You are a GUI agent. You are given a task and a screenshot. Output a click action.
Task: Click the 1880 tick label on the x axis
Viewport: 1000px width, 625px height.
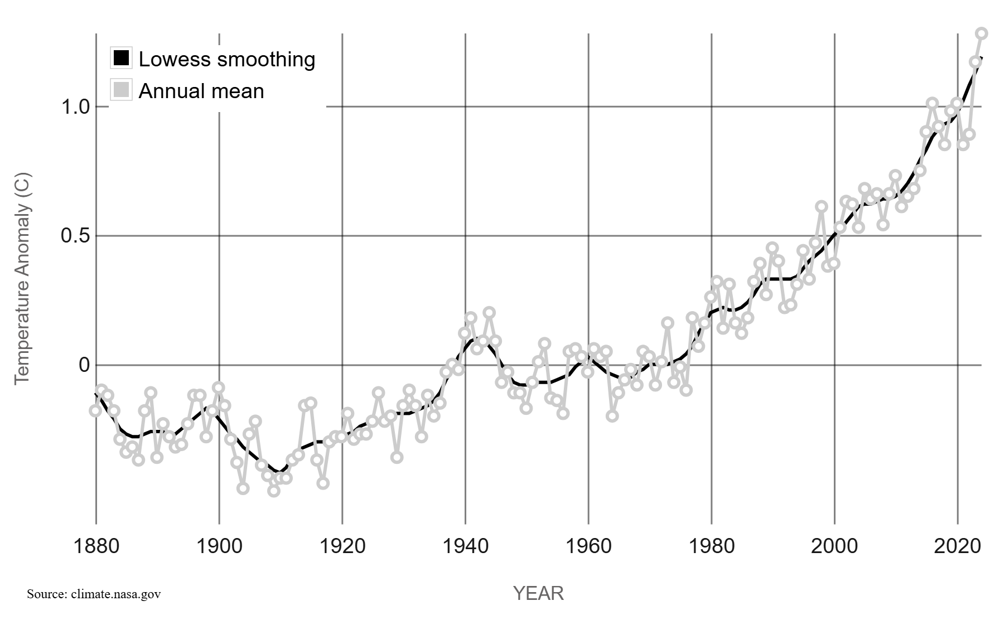[x=96, y=546]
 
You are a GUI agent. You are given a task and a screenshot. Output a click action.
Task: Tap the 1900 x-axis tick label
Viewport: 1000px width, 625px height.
[x=219, y=546]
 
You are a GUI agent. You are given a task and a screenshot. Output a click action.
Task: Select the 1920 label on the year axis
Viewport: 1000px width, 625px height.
[x=342, y=546]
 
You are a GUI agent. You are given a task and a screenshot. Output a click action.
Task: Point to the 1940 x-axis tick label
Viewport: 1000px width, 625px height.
[x=465, y=546]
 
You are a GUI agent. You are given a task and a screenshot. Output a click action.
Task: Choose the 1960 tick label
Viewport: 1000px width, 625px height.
[x=588, y=546]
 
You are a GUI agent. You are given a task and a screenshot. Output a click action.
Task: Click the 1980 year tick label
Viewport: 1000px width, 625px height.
[x=712, y=546]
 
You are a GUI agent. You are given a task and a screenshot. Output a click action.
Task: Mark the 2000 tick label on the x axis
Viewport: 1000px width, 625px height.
[x=834, y=546]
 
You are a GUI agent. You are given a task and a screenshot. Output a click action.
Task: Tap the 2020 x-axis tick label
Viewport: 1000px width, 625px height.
[x=958, y=546]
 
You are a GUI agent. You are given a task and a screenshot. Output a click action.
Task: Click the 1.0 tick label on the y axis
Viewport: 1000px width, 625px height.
[x=75, y=106]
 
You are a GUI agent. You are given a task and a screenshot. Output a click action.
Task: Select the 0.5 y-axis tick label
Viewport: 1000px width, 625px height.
[x=75, y=236]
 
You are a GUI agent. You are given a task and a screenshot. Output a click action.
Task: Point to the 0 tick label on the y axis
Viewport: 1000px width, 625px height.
[x=84, y=365]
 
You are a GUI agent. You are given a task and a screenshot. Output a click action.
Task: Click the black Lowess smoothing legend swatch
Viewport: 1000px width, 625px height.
[x=121, y=58]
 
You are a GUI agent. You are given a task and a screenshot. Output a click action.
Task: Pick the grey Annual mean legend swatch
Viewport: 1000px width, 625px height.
[x=121, y=90]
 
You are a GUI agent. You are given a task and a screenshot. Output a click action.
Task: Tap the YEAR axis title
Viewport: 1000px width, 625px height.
[x=538, y=593]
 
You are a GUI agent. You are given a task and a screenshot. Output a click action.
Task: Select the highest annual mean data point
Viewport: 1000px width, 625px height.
[x=982, y=33]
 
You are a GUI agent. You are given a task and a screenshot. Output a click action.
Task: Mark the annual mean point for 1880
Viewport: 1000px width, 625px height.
[x=95, y=411]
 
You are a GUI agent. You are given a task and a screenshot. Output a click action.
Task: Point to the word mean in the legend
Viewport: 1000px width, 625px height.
[x=240, y=91]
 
